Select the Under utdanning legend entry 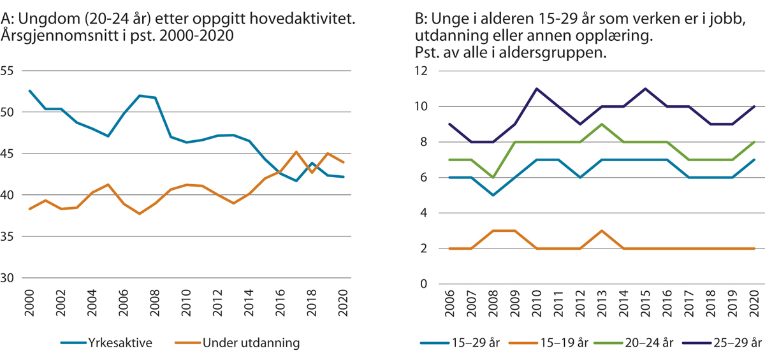(x=250, y=343)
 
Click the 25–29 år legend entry (x=732, y=343)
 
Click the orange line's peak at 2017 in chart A (x=296, y=152)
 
